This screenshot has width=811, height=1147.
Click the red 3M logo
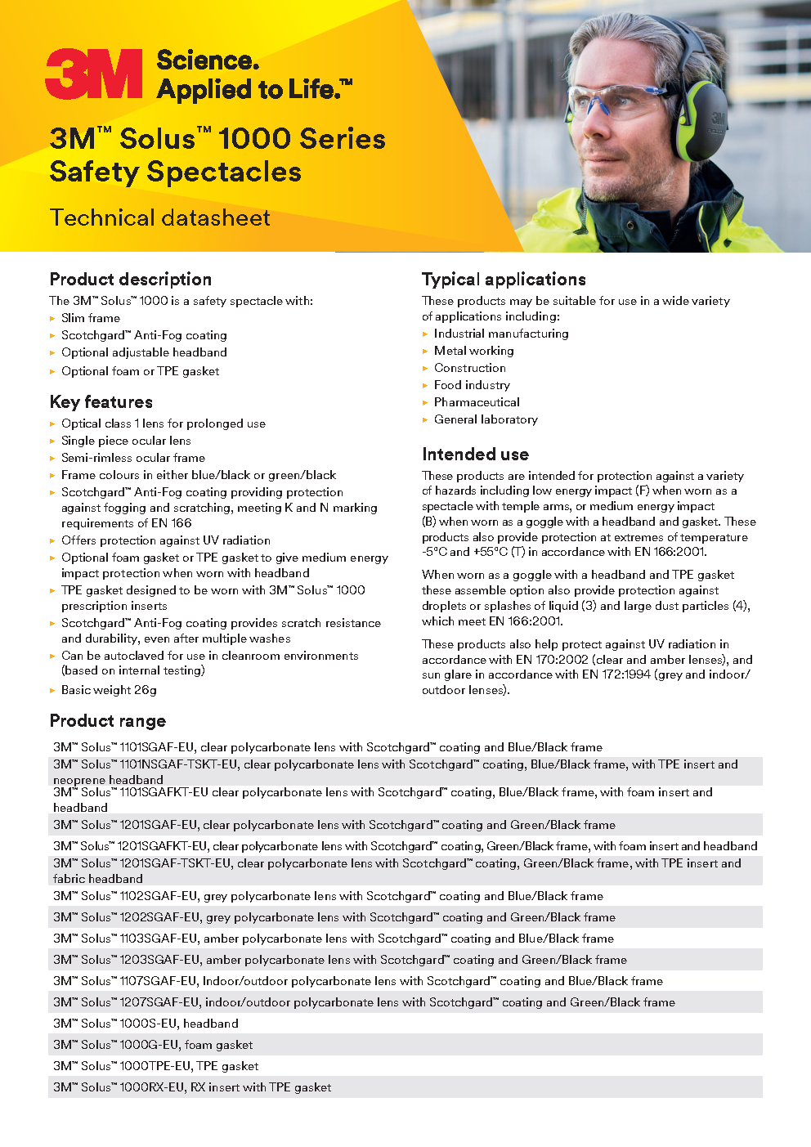pyautogui.click(x=93, y=74)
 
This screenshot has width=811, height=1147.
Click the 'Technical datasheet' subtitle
pyautogui.click(x=159, y=218)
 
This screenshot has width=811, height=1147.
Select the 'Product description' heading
pyautogui.click(x=130, y=280)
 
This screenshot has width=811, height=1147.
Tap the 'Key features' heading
pyautogui.click(x=101, y=402)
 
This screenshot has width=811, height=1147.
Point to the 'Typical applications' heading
pyautogui.click(x=504, y=280)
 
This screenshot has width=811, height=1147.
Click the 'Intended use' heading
pyautogui.click(x=475, y=455)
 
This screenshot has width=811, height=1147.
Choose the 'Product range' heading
pyautogui.click(x=107, y=721)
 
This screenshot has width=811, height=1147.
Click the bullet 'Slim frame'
pyautogui.click(x=90, y=318)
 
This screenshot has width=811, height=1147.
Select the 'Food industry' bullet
pyautogui.click(x=472, y=385)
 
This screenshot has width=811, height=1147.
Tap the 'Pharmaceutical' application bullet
pyautogui.click(x=477, y=402)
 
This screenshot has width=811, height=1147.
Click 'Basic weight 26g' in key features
pyautogui.click(x=109, y=690)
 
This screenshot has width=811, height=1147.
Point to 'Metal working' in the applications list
pyautogui.click(x=473, y=351)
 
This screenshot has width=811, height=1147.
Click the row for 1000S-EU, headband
pyautogui.click(x=146, y=1024)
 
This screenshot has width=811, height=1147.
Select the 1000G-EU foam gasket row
pyautogui.click(x=153, y=1045)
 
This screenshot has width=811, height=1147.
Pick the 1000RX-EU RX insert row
pyautogui.click(x=192, y=1087)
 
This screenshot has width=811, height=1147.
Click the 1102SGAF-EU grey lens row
pyautogui.click(x=328, y=896)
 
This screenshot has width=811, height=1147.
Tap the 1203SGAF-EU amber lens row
pyautogui.click(x=339, y=960)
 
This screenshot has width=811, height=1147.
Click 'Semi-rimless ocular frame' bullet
pyautogui.click(x=132, y=458)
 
